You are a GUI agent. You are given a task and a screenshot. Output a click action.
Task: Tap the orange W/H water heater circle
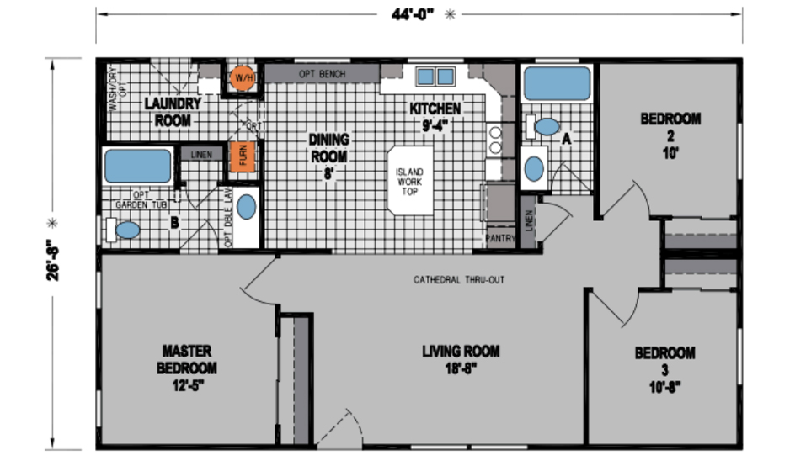(x=243, y=77)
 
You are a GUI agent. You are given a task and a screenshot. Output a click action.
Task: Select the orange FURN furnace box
(x=242, y=156)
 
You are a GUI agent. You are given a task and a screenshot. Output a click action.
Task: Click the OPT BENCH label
(x=323, y=74)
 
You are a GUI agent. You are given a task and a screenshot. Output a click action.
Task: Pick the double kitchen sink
(x=435, y=77)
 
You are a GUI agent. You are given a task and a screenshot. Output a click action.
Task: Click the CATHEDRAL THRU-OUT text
(x=459, y=279)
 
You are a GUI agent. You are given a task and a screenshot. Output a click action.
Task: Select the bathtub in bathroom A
(x=558, y=85)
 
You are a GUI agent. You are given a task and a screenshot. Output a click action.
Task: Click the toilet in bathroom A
(x=545, y=127)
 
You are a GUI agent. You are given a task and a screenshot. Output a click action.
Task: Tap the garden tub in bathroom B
(x=137, y=165)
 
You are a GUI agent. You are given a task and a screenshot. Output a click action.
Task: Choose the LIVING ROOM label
(x=461, y=359)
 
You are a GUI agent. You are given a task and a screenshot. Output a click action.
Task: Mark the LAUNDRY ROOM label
(x=172, y=112)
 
